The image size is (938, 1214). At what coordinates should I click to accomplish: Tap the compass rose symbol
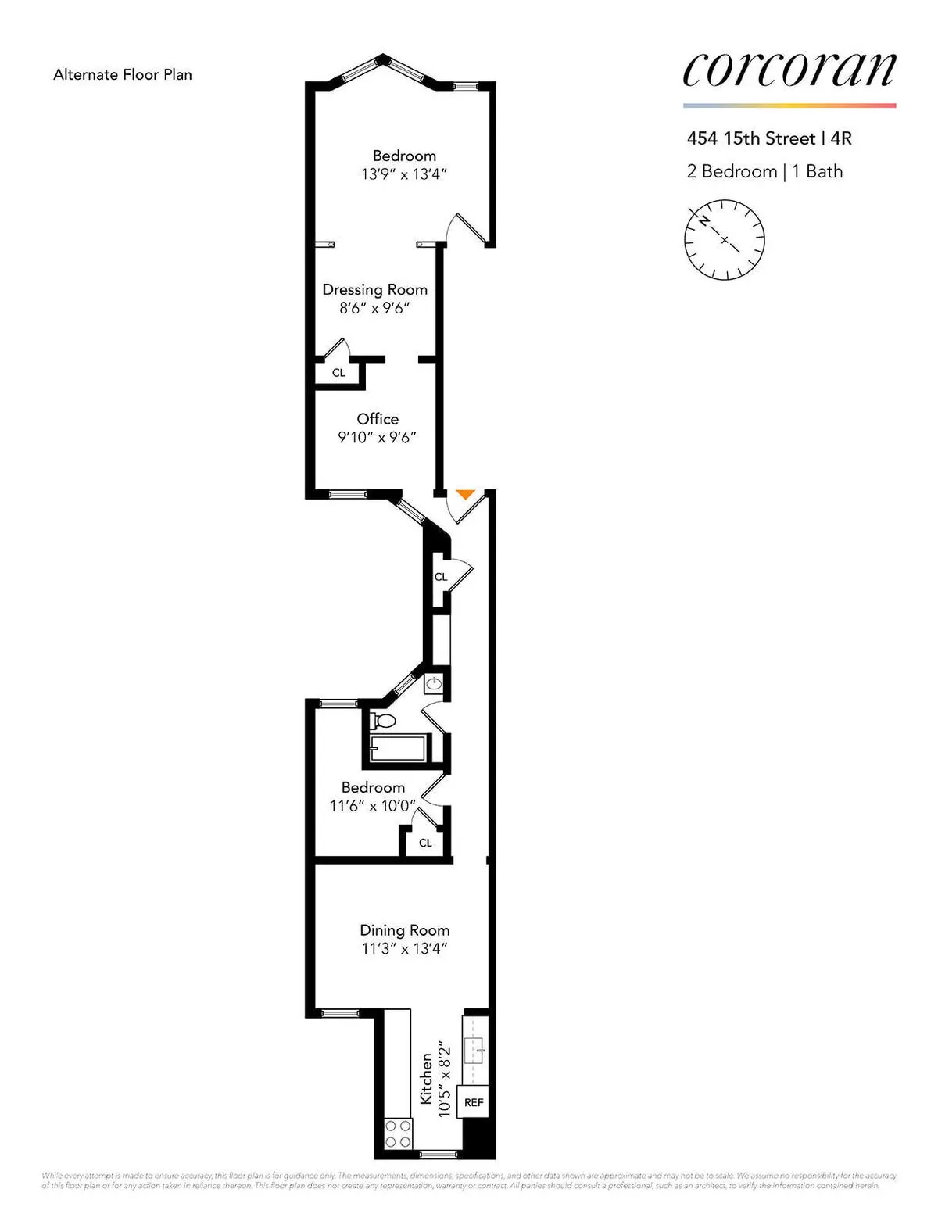725,239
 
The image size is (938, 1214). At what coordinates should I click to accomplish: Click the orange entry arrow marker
465,494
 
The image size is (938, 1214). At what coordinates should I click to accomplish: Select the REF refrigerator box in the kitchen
474,1102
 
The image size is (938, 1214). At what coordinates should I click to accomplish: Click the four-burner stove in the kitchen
398,1133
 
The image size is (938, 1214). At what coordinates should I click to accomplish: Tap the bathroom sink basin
435,685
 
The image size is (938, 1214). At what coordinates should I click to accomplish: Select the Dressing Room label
375,289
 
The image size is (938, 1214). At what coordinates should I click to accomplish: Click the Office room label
378,419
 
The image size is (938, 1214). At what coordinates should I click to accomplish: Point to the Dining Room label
404,930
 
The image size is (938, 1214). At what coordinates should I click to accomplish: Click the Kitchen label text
426,1079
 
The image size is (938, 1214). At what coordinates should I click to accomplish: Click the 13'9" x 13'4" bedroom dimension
404,174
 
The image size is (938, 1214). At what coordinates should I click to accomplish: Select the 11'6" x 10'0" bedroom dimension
373,806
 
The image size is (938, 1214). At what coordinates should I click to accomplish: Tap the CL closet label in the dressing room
338,373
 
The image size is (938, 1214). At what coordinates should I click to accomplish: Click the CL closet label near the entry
441,577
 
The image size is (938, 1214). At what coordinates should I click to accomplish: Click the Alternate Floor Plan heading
123,75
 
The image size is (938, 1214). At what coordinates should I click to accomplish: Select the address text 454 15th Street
750,138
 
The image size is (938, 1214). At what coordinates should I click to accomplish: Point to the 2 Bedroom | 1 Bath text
764,172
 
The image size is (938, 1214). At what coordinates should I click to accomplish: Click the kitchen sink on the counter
474,1050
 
